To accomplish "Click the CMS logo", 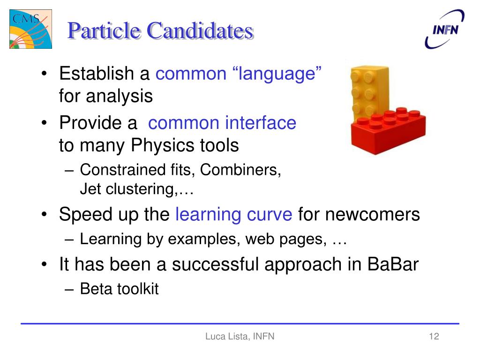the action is [x=30, y=29].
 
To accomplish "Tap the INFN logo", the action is [x=444, y=29].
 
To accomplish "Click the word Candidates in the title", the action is [x=200, y=31].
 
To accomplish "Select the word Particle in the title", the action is [x=104, y=31].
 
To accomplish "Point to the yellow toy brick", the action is [x=369, y=92].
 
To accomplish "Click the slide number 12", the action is [x=434, y=337].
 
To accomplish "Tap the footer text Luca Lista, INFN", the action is [x=240, y=337].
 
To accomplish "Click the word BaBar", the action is [x=393, y=264].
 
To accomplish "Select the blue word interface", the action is [x=261, y=123].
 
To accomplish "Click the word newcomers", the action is [x=372, y=214].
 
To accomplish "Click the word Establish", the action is [x=97, y=74].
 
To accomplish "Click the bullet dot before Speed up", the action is [x=45, y=214].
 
